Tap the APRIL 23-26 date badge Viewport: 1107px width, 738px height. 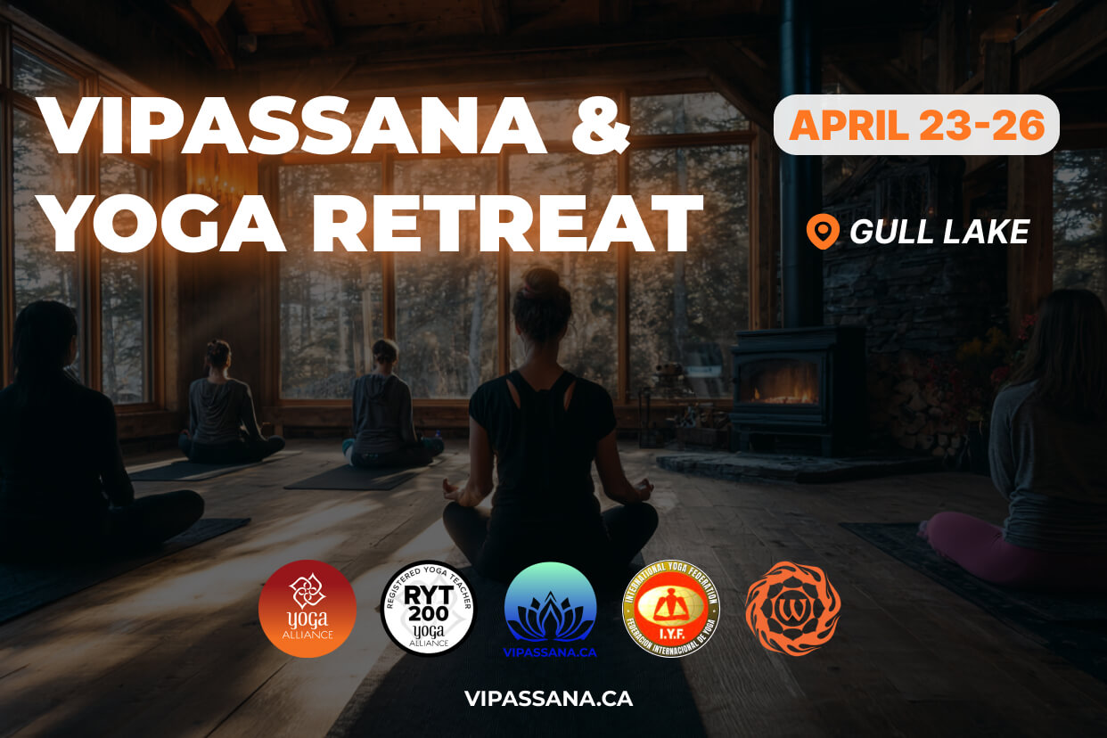click(x=916, y=125)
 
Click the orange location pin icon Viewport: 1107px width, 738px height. click(x=822, y=232)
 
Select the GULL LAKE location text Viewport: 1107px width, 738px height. click(x=939, y=233)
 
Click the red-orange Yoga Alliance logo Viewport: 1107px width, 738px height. click(x=307, y=608)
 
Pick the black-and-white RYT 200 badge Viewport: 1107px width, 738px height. click(x=428, y=608)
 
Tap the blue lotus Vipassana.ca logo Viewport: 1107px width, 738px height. click(x=550, y=604)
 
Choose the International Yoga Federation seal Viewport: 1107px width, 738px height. click(x=670, y=608)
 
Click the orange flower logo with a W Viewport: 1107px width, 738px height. click(x=792, y=608)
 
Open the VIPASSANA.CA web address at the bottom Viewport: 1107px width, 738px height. click(x=549, y=698)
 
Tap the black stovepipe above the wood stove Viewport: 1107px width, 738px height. click(x=799, y=160)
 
